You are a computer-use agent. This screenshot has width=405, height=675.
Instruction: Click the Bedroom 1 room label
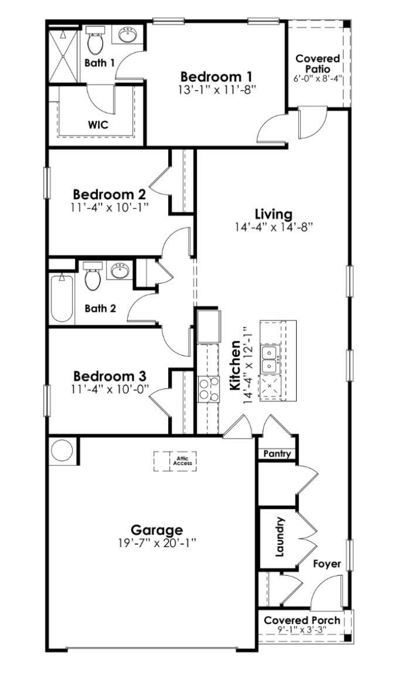pos(217,76)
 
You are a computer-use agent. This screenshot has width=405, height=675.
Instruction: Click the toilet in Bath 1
pos(94,42)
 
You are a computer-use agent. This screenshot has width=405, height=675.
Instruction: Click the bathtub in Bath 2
pos(61,299)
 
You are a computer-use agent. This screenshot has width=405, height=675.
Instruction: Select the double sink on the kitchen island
pos(270,360)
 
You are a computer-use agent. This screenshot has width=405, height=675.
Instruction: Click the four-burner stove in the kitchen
pos(207,388)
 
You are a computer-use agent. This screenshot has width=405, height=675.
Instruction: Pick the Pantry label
pos(275,454)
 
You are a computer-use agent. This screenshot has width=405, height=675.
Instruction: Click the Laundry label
pos(281,537)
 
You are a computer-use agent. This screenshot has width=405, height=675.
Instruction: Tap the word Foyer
pos(327,564)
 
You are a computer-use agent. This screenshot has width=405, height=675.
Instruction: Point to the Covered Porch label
pos(301,620)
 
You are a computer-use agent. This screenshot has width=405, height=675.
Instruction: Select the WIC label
pos(99,124)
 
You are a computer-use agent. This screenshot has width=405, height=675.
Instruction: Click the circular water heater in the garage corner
pos(62,450)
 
